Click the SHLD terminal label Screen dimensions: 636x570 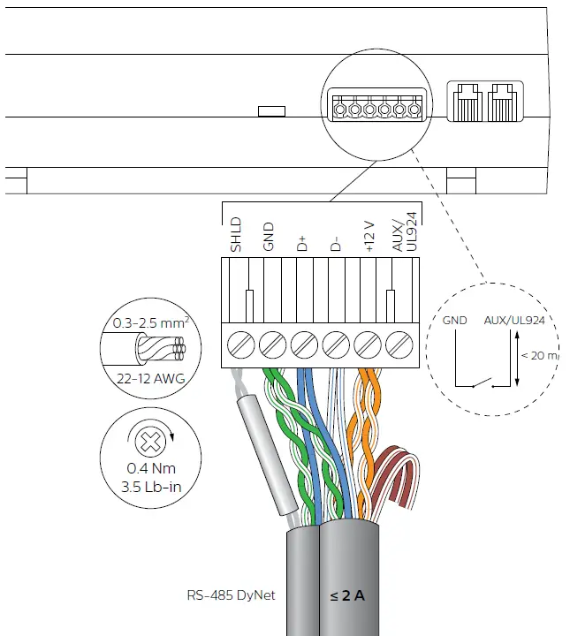(x=236, y=234)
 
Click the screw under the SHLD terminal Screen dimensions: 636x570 (x=239, y=341)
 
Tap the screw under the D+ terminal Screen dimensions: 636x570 (x=303, y=341)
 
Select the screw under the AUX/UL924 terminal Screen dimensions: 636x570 (x=400, y=341)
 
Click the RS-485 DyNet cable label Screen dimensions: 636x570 (x=232, y=595)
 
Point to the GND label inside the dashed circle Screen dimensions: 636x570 (x=454, y=322)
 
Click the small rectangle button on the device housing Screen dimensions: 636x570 (x=271, y=111)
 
